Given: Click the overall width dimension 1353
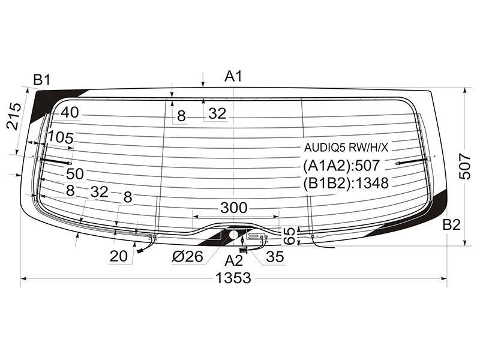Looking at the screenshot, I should point(234,278).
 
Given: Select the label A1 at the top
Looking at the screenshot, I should point(233,76).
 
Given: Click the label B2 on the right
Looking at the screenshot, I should point(451,225).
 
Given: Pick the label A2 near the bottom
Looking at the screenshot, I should point(234,260).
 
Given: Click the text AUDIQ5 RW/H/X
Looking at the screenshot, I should point(346,148).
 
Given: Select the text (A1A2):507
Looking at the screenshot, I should point(346,165).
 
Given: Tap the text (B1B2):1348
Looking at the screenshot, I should point(346,182).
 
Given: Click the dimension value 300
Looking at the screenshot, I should point(234,208).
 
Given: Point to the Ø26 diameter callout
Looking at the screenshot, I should point(188,257).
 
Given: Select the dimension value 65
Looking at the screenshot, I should point(289,235).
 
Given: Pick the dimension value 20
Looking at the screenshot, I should point(119,256).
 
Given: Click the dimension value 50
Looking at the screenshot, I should point(75,174).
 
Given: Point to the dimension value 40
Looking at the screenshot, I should point(70,112).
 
